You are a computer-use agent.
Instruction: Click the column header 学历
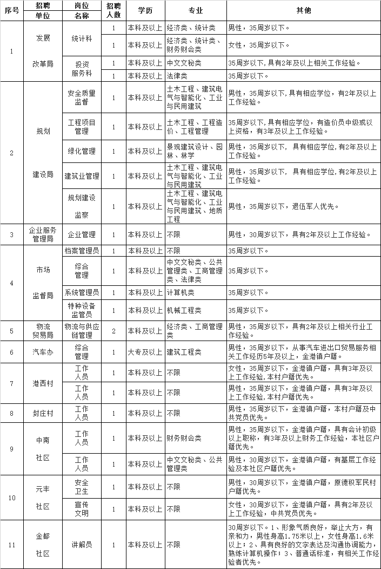click(x=145, y=11)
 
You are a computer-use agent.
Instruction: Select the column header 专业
click(x=196, y=11)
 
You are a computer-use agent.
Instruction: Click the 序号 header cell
click(x=12, y=11)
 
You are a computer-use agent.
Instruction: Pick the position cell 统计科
click(x=82, y=39)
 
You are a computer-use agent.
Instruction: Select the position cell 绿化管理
click(x=82, y=152)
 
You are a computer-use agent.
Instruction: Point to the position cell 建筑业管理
click(x=82, y=176)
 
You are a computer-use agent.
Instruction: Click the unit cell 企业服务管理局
click(x=43, y=234)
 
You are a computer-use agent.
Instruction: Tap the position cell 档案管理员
click(x=82, y=251)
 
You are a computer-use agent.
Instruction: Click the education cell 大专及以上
click(x=145, y=352)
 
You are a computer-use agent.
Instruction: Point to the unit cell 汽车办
click(x=43, y=352)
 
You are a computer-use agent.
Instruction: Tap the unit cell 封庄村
click(x=43, y=413)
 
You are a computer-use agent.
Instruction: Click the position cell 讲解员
click(x=82, y=544)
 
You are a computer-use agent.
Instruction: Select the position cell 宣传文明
click(x=82, y=509)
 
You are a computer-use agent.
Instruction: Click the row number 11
click(x=12, y=544)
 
